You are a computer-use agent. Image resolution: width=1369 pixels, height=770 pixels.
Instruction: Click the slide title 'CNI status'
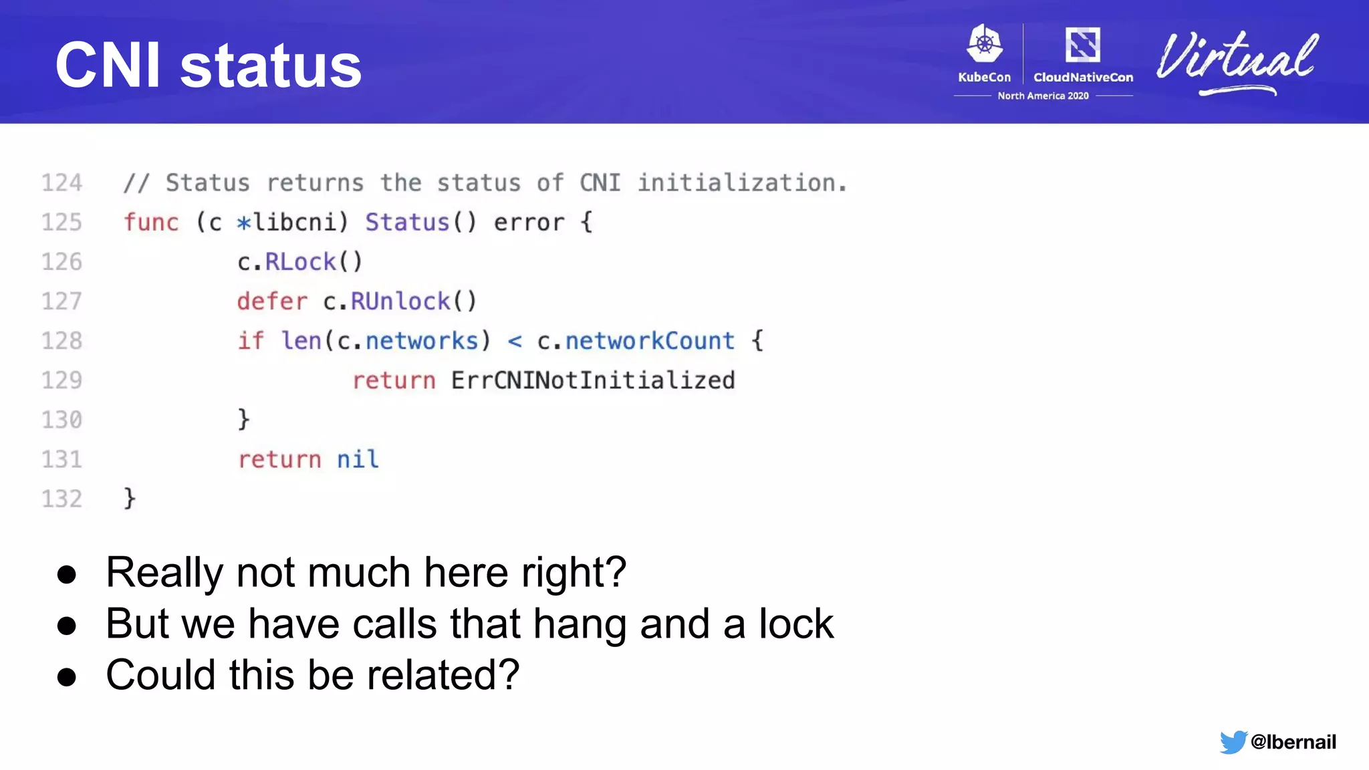coord(208,66)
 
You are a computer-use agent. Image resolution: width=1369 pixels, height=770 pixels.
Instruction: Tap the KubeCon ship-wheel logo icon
coord(984,45)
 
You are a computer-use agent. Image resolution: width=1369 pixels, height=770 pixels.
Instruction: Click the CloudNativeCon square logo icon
coord(1082,45)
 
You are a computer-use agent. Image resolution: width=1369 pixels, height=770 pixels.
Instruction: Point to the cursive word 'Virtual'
coord(1237,60)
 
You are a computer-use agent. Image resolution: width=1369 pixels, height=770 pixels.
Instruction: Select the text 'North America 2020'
coord(1043,96)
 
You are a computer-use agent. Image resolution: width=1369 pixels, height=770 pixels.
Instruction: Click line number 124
coord(61,183)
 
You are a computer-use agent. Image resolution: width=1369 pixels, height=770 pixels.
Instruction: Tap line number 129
coord(61,380)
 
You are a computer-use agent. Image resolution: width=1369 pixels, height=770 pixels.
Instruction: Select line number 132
coord(61,499)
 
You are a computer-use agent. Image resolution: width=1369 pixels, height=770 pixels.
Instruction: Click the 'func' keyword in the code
coord(151,223)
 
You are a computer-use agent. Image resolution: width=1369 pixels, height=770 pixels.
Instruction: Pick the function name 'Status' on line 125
coord(407,223)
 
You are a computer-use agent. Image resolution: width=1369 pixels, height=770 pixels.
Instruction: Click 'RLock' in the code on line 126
coord(301,262)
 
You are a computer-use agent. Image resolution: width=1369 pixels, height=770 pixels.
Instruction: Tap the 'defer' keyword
coord(272,301)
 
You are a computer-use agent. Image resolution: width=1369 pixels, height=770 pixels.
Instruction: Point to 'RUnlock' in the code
coord(400,301)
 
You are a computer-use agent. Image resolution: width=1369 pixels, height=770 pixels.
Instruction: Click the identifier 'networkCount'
coord(650,341)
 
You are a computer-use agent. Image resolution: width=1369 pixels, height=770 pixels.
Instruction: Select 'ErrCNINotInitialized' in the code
coord(593,380)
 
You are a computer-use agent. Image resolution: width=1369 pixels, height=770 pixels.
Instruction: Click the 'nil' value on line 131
coord(358,459)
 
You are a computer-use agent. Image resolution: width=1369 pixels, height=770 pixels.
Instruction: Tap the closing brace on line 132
coord(130,499)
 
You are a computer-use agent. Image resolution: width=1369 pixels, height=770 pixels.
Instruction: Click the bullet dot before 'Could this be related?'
coord(67,676)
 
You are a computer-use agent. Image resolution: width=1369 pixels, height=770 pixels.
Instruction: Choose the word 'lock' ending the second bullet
coord(796,624)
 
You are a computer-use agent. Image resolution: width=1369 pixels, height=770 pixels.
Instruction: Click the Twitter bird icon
coord(1233,742)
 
